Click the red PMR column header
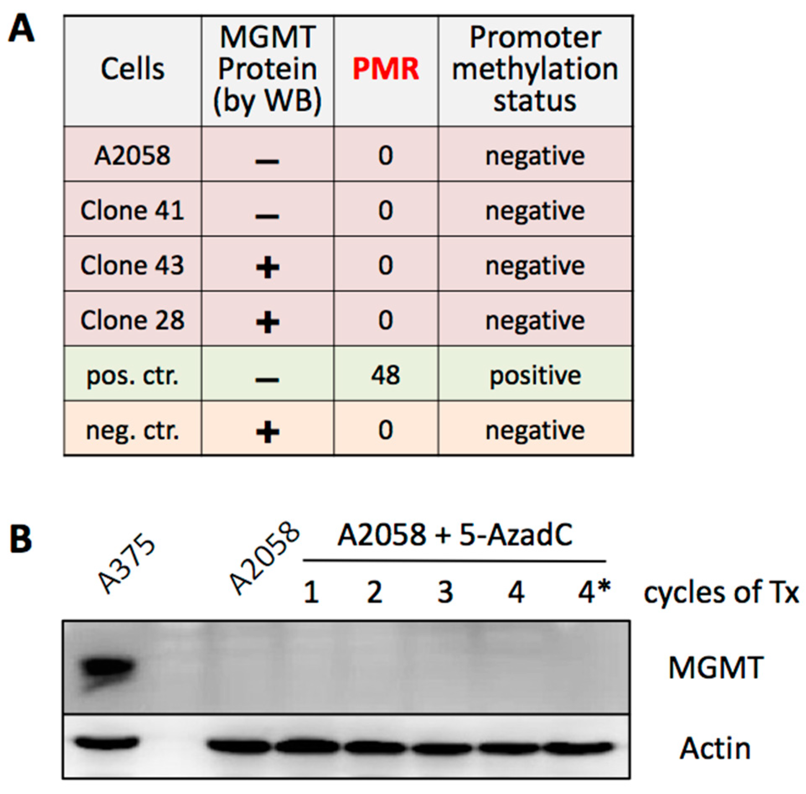coord(385,69)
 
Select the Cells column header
coord(132,69)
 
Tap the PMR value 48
coord(385,375)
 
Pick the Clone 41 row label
coord(132,210)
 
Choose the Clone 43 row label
coord(132,265)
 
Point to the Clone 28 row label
coord(132,320)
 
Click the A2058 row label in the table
coord(132,155)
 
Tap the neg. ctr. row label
coord(132,431)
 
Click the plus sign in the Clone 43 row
coord(268,268)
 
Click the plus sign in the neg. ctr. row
coord(268,433)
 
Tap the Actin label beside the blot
coord(715,748)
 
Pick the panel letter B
coord(21,539)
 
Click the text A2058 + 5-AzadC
coord(455,536)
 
